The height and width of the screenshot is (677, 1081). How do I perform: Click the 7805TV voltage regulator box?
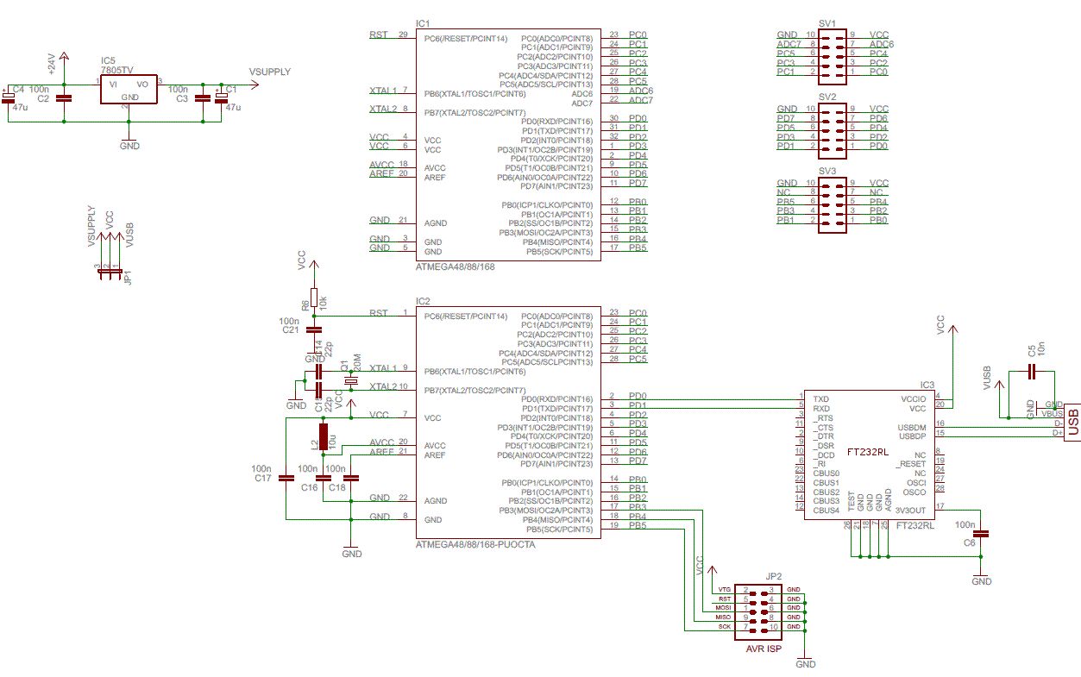pyautogui.click(x=129, y=90)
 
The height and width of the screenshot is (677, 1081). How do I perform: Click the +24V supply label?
pyautogui.click(x=51, y=63)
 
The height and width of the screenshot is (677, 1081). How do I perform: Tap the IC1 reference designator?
pyautogui.click(x=422, y=23)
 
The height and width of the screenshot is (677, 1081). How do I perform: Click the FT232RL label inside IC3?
pyautogui.click(x=868, y=451)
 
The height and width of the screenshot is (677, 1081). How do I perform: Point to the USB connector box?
pyautogui.click(x=1072, y=422)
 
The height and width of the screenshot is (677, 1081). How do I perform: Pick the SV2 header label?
pyautogui.click(x=827, y=97)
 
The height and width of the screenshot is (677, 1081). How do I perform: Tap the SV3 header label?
pyautogui.click(x=827, y=172)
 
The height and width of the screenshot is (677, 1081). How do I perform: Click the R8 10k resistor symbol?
pyautogui.click(x=314, y=298)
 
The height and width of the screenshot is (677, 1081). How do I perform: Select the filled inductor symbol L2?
pyautogui.click(x=324, y=437)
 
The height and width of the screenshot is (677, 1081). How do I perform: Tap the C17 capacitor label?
pyautogui.click(x=262, y=477)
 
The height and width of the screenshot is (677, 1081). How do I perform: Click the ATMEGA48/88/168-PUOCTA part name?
pyautogui.click(x=475, y=545)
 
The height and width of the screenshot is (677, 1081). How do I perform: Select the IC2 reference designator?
pyautogui.click(x=423, y=301)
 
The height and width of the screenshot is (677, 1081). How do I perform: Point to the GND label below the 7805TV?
pyautogui.click(x=129, y=146)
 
